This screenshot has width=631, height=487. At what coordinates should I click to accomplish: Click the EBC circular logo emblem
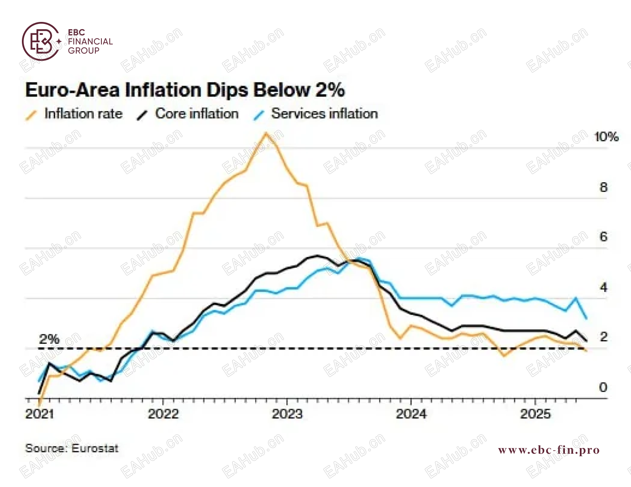[x=41, y=41]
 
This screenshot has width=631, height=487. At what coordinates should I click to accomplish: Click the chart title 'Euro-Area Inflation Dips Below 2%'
[x=185, y=90]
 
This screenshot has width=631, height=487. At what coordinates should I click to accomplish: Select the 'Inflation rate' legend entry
[x=74, y=114]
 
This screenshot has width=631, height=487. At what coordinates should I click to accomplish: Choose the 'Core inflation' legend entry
[x=187, y=114]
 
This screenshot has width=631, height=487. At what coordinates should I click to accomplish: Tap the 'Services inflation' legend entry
[x=315, y=114]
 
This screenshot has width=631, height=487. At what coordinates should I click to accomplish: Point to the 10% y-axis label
[x=606, y=137]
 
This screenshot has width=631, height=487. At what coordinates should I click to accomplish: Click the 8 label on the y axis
[x=604, y=187]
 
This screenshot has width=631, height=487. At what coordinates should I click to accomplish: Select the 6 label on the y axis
[x=604, y=237]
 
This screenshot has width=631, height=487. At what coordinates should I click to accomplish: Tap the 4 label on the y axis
[x=604, y=287]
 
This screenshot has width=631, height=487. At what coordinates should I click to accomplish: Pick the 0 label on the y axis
[x=603, y=387]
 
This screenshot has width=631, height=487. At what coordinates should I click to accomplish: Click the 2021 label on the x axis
[x=40, y=414]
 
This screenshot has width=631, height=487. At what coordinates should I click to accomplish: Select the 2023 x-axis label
[x=287, y=414]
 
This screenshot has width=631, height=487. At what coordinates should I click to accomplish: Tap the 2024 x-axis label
[x=411, y=414]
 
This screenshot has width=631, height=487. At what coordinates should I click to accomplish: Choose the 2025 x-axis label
[x=535, y=414]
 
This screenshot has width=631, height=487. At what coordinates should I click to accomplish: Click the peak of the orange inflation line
[x=266, y=133]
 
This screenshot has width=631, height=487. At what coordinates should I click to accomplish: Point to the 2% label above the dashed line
[x=49, y=339]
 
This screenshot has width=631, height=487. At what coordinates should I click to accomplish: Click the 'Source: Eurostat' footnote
[x=72, y=448]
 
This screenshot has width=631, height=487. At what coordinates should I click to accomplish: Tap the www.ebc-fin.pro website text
[x=549, y=450]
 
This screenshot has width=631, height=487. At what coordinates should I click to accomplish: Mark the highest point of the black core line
[x=318, y=256]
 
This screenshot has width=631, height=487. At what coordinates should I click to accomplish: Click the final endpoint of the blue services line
[x=587, y=319]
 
